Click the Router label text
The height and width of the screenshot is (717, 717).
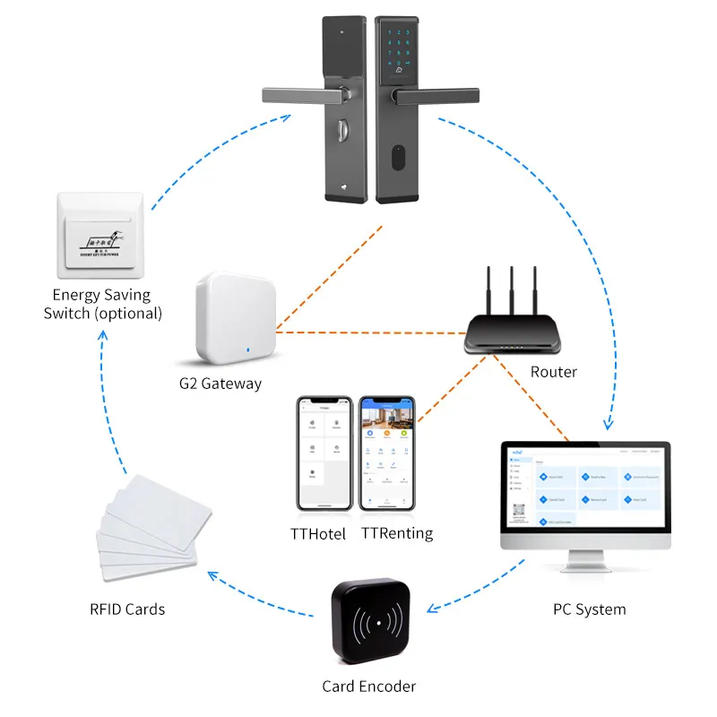click(x=554, y=371)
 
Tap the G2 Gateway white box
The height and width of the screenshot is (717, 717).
click(x=231, y=318)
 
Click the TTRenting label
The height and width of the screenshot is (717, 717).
click(x=397, y=533)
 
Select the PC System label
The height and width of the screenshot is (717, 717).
click(x=589, y=609)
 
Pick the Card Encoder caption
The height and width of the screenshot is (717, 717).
click(x=369, y=687)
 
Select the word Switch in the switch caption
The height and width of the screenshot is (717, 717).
click(x=81, y=314)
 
